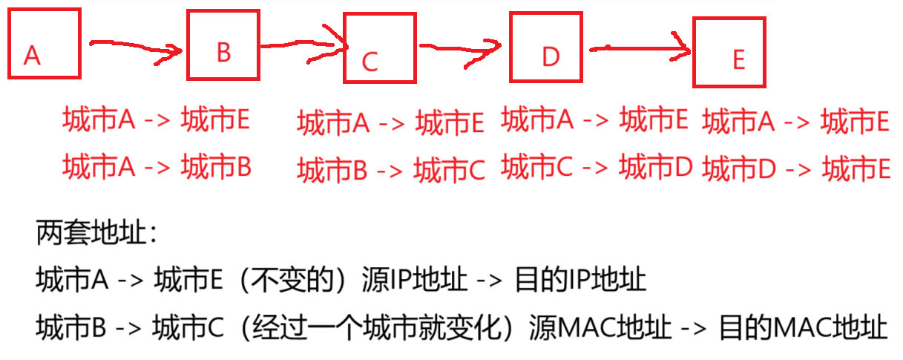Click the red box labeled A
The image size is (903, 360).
tap(43, 44)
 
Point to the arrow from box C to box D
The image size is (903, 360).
tap(460, 48)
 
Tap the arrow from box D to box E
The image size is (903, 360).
tap(640, 50)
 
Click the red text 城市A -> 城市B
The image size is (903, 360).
tap(157, 167)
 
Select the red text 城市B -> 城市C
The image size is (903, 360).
tap(391, 171)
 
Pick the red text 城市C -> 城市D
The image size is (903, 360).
tap(597, 168)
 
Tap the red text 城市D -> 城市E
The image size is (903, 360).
tap(796, 169)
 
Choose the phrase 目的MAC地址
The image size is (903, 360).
tap(803, 327)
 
